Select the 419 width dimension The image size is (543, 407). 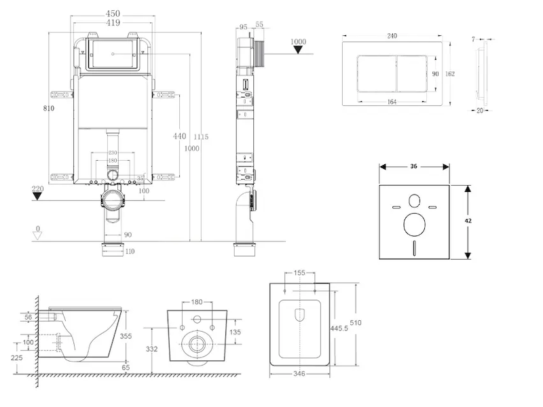click(x=113, y=22)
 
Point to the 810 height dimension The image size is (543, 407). click(x=48, y=108)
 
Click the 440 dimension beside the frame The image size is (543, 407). click(x=179, y=136)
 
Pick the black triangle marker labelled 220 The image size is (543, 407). click(x=38, y=197)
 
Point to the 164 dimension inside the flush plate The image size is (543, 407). click(x=392, y=102)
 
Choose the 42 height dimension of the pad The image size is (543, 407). click(x=468, y=220)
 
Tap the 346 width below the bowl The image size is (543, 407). click(x=299, y=373)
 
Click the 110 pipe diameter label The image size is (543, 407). click(x=130, y=252)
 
